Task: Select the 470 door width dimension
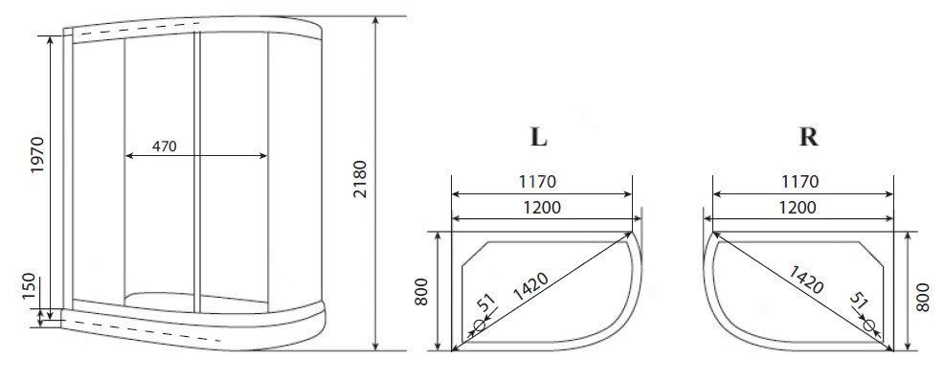coord(165,147)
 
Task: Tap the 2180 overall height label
coord(359,180)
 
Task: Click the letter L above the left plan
coord(539,137)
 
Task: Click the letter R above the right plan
coord(809,137)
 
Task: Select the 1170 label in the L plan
coord(537,181)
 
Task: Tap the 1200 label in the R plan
coord(798,207)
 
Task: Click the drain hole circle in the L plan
coord(480,324)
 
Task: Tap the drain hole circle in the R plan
coord(869,326)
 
